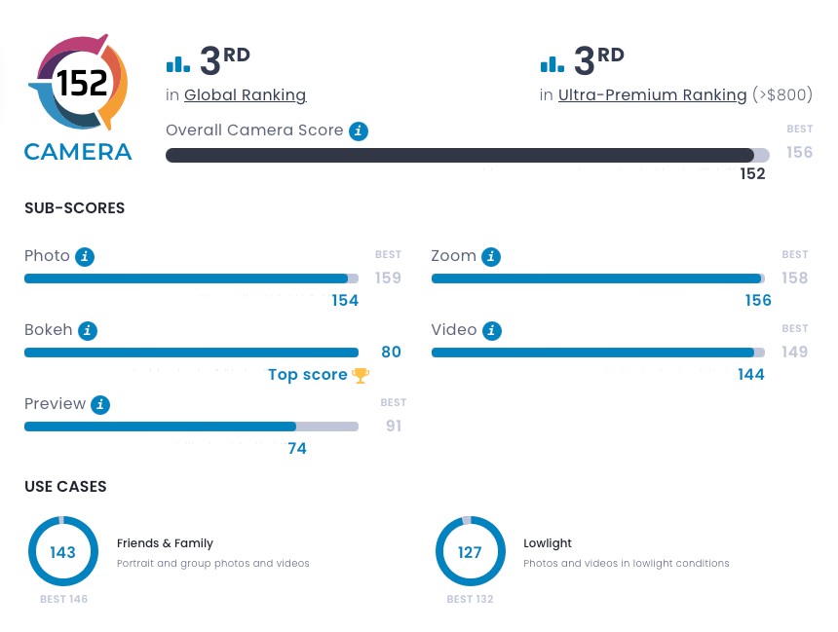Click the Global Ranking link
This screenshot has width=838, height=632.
point(245,95)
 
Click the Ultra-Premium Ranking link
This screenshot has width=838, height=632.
point(653,95)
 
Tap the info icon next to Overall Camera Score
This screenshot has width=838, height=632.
point(359,130)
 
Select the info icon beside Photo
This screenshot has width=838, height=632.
point(86,256)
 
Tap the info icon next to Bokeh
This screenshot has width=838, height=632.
point(88,330)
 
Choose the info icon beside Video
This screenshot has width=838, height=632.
point(492,330)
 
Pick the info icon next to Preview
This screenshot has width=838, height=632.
point(100,404)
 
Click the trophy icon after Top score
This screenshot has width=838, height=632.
point(361,375)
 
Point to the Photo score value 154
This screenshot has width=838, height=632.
point(345,301)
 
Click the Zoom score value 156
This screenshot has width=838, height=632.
point(758,301)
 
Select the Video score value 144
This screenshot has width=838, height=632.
point(751,375)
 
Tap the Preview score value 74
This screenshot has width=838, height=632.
point(297,449)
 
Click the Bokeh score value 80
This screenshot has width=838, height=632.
point(391,353)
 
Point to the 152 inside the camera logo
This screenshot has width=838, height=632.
point(82,85)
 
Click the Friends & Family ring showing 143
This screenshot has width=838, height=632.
point(62,552)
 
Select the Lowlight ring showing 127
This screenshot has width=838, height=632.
point(470,552)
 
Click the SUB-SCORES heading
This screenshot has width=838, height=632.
point(74,208)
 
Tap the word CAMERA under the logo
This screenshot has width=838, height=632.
point(78,152)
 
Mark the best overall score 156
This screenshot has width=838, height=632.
point(799,153)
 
